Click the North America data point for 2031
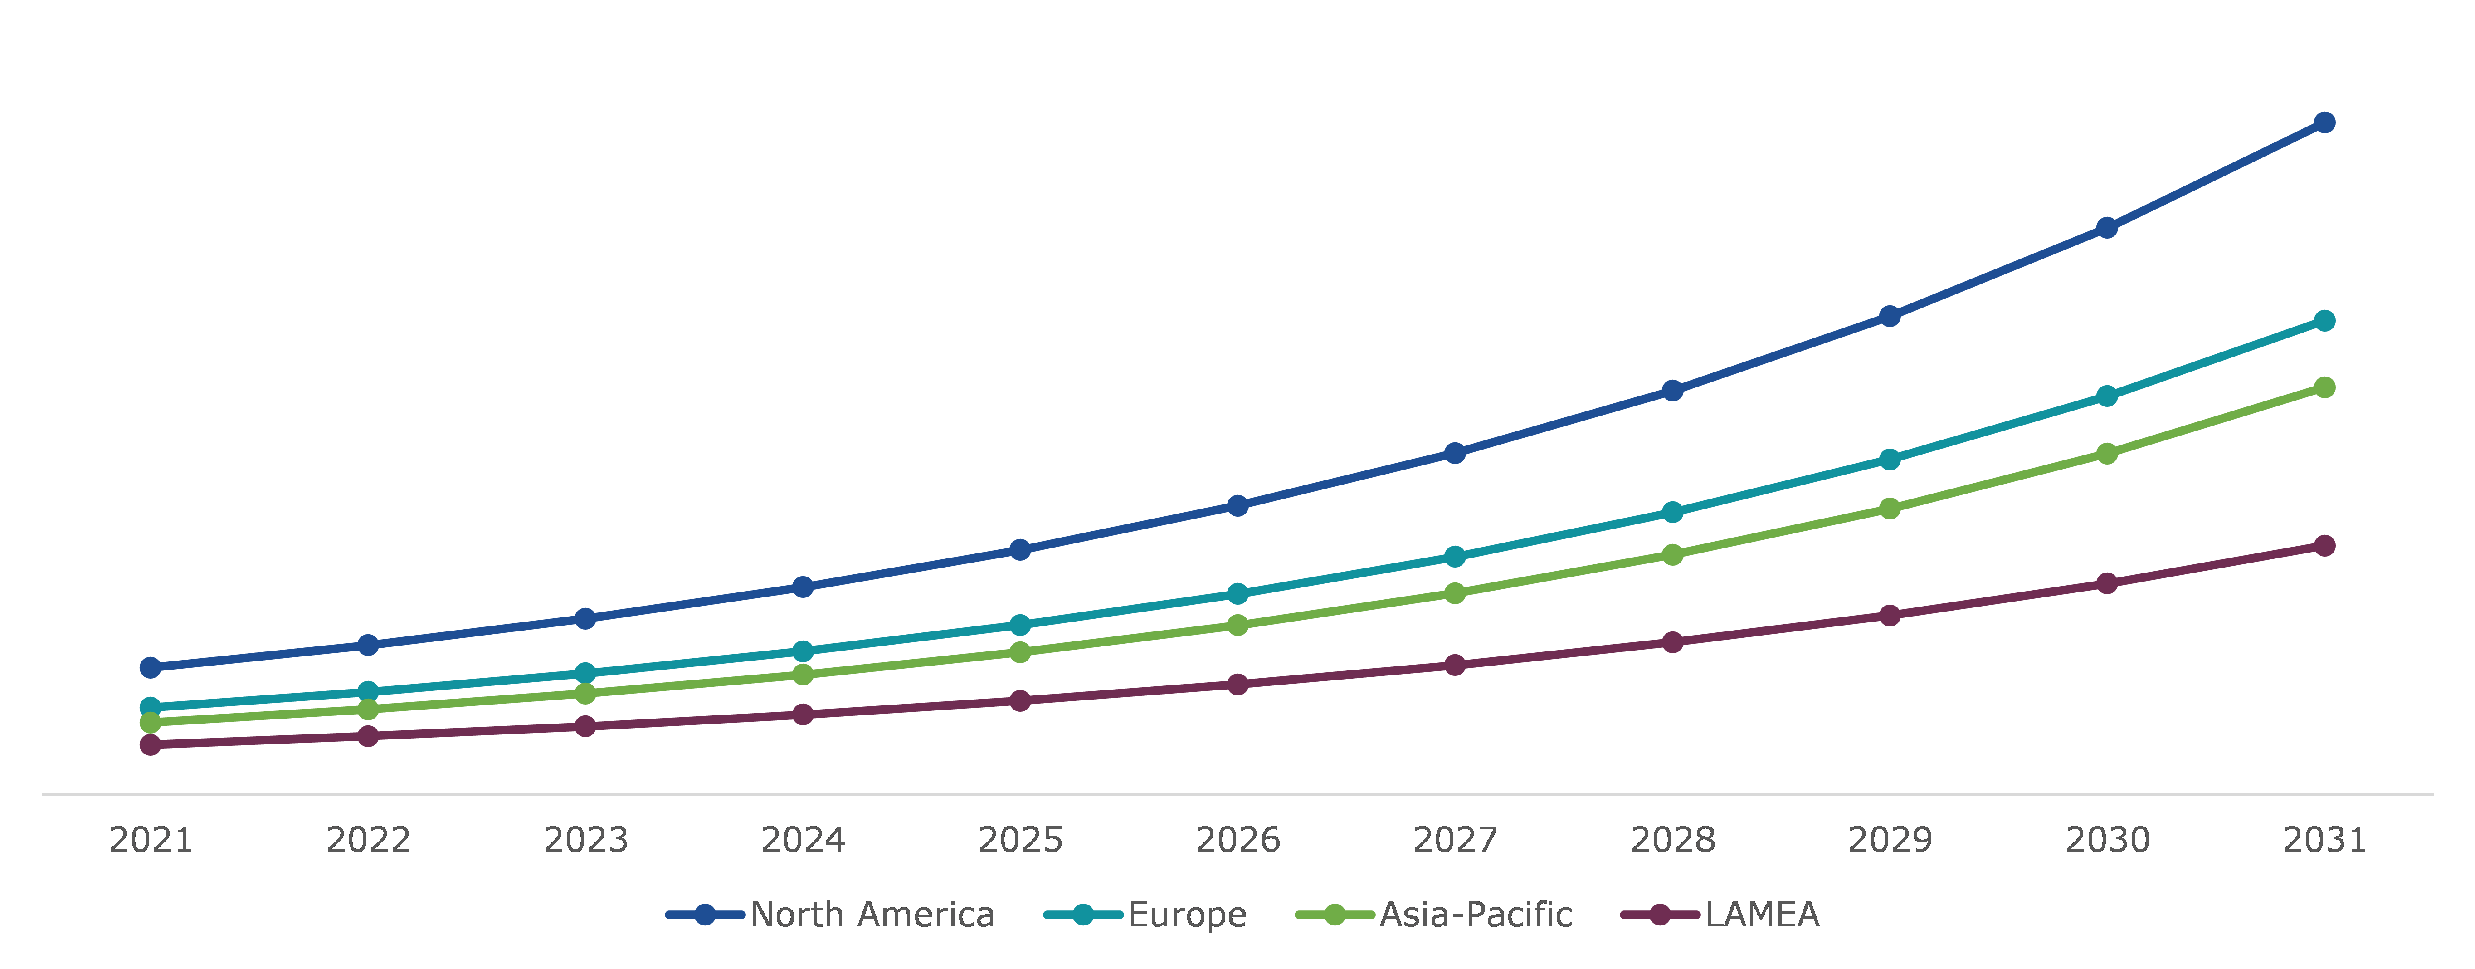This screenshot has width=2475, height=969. click(2324, 122)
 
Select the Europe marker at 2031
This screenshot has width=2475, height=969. click(2324, 320)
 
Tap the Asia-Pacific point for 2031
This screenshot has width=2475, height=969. click(2324, 387)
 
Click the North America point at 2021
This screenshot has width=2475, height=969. click(151, 667)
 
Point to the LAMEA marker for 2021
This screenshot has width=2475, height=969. click(151, 745)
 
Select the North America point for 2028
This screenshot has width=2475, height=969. click(1673, 390)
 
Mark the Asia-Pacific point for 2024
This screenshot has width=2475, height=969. click(803, 675)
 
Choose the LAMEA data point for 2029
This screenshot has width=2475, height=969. click(1890, 615)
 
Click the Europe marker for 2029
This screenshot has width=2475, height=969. click(1890, 460)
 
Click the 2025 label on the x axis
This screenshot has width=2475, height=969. click(1020, 840)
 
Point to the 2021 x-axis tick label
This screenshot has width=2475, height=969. click(151, 840)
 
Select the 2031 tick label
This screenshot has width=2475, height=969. click(2324, 840)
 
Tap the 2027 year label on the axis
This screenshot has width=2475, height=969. click(1455, 840)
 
